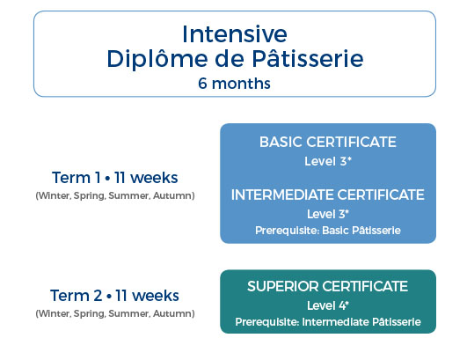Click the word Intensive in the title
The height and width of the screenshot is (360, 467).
[x=235, y=34]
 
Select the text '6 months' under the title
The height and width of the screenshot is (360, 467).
[x=235, y=84]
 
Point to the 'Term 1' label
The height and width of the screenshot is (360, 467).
[x=77, y=178]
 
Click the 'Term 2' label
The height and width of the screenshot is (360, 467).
[x=77, y=296]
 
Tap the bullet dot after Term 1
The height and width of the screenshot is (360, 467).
[x=107, y=178]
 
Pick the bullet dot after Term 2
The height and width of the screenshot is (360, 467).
[x=109, y=297]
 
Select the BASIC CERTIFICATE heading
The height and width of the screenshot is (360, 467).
[x=328, y=142]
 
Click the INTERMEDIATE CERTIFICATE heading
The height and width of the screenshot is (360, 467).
[x=328, y=195]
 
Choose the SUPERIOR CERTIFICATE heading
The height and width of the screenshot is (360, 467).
[x=328, y=286]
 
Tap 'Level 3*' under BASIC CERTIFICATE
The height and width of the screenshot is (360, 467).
[x=328, y=161]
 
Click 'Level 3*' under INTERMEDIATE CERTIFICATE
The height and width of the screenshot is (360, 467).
[x=328, y=214]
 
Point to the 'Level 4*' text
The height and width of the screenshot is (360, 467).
[x=328, y=305]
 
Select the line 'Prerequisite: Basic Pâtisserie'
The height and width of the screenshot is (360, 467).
[x=328, y=231]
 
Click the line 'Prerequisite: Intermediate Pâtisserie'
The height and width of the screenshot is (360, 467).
[x=328, y=322]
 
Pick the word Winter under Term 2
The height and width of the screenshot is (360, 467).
[x=54, y=314]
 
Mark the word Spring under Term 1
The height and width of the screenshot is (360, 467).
[x=90, y=196]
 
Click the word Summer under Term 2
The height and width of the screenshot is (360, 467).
[x=129, y=314]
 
